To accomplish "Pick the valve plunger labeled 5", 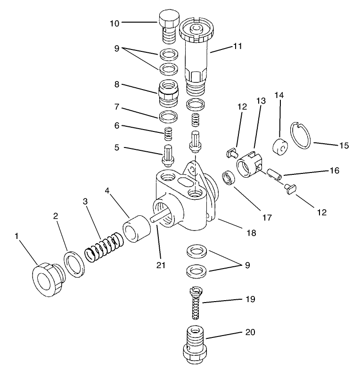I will click(167, 156).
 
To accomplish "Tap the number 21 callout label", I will click(162, 265).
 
